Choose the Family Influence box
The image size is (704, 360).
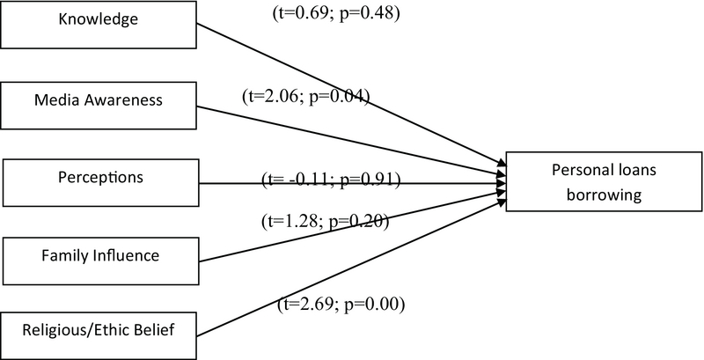coord(100,258)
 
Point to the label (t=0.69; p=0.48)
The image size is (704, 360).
coord(339,14)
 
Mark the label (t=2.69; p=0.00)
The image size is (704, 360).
coord(341,305)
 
